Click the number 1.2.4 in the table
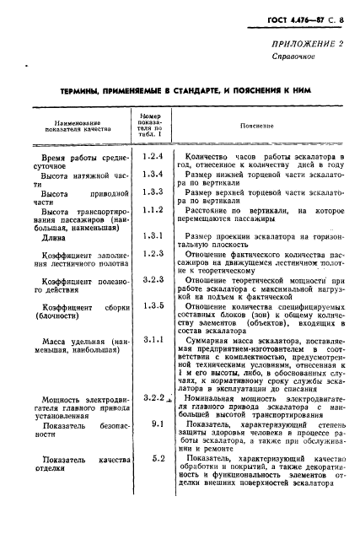152,157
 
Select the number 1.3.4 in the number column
152,174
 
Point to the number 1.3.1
152,235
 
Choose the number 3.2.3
152,278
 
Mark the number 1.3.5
152,305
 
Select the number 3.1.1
152,339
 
